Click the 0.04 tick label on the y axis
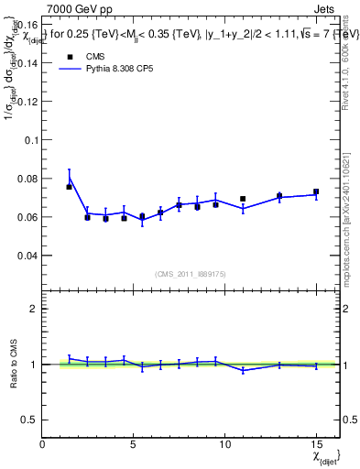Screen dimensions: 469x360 pos(28,256)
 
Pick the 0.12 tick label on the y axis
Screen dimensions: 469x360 pos(28,102)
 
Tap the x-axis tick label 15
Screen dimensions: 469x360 pos(316,445)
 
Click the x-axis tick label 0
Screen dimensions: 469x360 pos(43,445)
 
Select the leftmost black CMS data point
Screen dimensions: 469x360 pos(70,187)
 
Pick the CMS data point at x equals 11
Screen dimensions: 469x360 pos(243,199)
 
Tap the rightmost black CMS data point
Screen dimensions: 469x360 pos(316,192)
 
